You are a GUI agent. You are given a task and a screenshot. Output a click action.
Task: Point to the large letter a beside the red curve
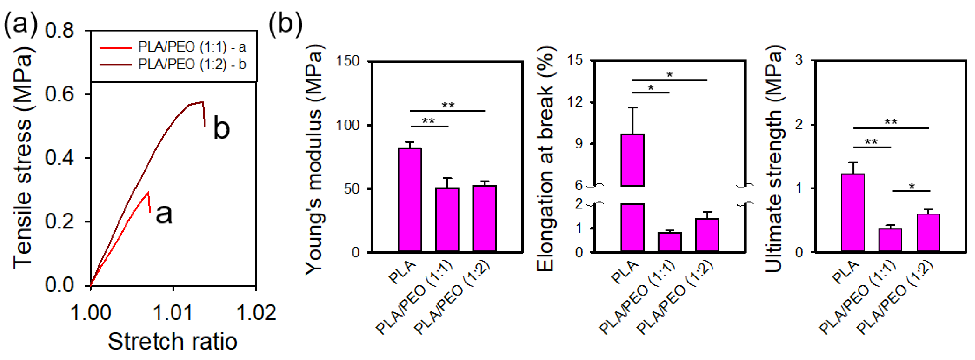164,213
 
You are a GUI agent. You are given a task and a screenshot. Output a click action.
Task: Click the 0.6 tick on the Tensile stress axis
59,94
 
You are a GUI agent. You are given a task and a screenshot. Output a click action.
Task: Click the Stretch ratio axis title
173,341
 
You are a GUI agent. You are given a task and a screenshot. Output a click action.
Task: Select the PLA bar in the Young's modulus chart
409,200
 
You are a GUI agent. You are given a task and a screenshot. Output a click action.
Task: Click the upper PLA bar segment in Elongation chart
632,160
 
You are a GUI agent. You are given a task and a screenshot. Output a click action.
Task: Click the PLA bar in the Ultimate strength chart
853,213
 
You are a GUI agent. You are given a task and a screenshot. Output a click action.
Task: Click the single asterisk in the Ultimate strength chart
912,186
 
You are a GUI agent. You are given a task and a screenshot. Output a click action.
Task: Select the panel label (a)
21,24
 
